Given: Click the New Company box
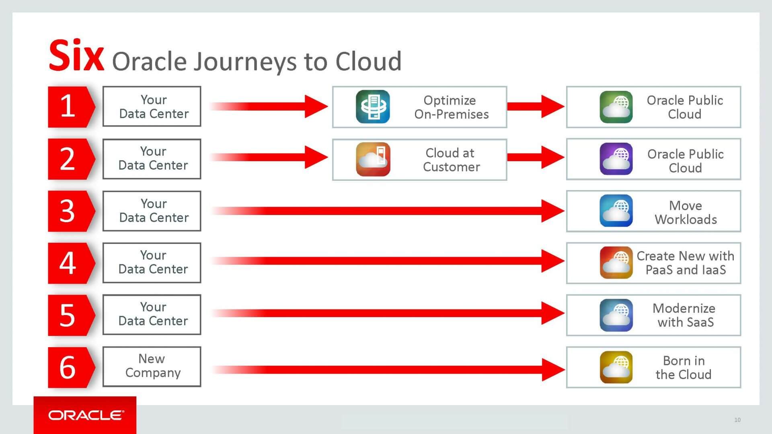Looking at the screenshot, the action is pyautogui.click(x=152, y=366).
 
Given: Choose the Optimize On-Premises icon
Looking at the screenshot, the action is pyautogui.click(x=373, y=107).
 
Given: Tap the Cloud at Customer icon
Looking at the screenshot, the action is pyautogui.click(x=373, y=160).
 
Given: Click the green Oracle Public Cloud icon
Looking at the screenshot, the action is pyautogui.click(x=616, y=107).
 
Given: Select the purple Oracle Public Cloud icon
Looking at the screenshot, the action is pyautogui.click(x=616, y=159).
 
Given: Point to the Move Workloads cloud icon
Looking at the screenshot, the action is pyautogui.click(x=616, y=211).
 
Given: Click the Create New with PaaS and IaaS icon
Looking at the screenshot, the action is pyautogui.click(x=616, y=263).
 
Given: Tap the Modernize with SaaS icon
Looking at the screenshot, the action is pyautogui.click(x=616, y=315).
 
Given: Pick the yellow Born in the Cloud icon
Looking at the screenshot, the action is pyautogui.click(x=616, y=367).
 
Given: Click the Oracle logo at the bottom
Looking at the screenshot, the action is pyautogui.click(x=86, y=415).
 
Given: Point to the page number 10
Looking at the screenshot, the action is pyautogui.click(x=737, y=420).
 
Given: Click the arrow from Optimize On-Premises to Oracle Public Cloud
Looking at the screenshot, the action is pyautogui.click(x=536, y=106).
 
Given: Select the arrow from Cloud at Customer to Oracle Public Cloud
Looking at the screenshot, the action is pyautogui.click(x=536, y=157).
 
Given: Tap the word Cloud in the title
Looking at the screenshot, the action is pyautogui.click(x=368, y=61).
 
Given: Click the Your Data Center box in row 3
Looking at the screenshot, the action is pyautogui.click(x=152, y=211).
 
